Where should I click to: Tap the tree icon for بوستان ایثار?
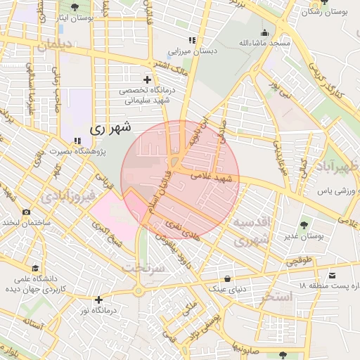pyautogui.click(x=76, y=7)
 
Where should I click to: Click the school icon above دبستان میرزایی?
pyautogui.click(x=191, y=40)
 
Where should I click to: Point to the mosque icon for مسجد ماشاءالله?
pyautogui.click(x=264, y=32)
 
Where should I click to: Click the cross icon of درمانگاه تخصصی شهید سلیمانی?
pyautogui.click(x=146, y=79)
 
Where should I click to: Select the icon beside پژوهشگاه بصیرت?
pyautogui.click(x=76, y=140)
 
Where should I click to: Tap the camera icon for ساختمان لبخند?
pyautogui.click(x=26, y=212)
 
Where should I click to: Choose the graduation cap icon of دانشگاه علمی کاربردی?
pyautogui.click(x=35, y=268)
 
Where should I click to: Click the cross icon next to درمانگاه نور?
pyautogui.click(x=98, y=300)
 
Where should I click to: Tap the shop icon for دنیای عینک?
pyautogui.click(x=226, y=278)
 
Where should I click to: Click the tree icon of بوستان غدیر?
pyautogui.click(x=304, y=226)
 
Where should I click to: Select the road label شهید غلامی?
pyautogui.click(x=214, y=177)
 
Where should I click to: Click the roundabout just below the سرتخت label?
pyautogui.click(x=139, y=291)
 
